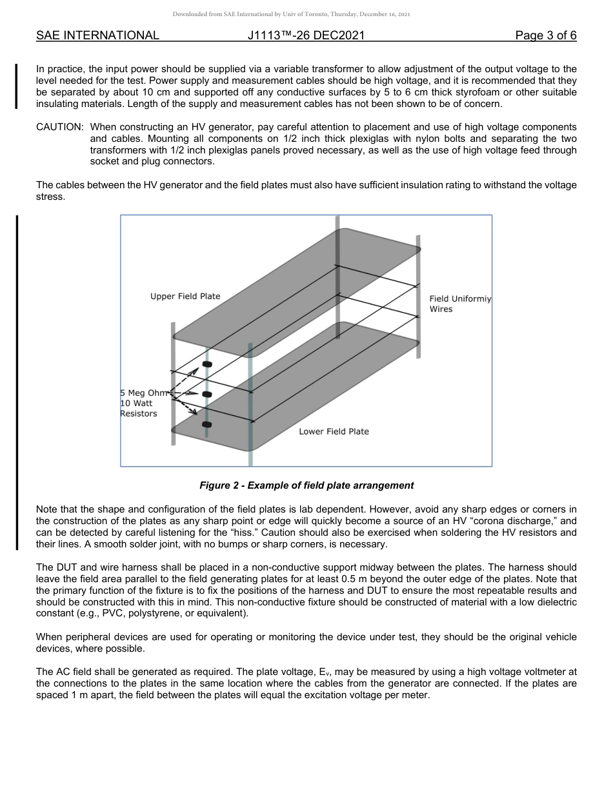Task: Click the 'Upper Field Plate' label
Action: [x=185, y=297]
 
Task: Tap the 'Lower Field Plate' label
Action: [x=334, y=431]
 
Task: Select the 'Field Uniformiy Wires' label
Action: [x=459, y=304]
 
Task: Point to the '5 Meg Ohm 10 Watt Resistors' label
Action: [x=141, y=403]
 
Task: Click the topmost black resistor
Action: [x=207, y=364]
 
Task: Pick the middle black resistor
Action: [x=207, y=394]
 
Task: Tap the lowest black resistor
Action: [x=207, y=424]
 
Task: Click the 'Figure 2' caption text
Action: [x=306, y=485]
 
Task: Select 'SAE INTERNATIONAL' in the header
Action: [x=97, y=36]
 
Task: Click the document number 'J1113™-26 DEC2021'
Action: [x=306, y=36]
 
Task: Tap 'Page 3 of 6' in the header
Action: [x=546, y=36]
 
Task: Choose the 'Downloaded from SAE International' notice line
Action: [x=291, y=14]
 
